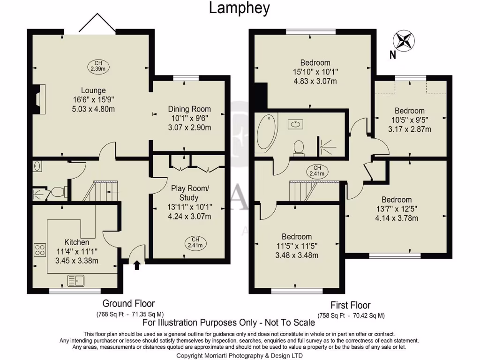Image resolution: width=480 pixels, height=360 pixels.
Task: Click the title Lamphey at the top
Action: click(x=239, y=8)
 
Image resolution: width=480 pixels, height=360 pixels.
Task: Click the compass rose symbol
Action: click(x=404, y=40)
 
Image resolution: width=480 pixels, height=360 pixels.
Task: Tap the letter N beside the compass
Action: click(x=392, y=55)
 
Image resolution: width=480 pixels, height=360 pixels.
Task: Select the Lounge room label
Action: click(x=93, y=90)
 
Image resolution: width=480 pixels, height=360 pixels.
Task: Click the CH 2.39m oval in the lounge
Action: click(x=98, y=66)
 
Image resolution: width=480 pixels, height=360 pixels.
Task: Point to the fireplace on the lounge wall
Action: click(x=41, y=99)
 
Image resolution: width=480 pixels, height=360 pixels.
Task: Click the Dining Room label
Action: click(x=189, y=109)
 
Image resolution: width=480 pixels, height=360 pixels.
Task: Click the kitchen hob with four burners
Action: click(x=40, y=249)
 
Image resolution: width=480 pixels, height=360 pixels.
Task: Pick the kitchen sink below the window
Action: click(x=75, y=281)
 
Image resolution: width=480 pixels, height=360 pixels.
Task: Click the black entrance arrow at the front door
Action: click(x=136, y=266)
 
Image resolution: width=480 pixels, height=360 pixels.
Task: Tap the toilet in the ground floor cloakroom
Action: click(x=58, y=192)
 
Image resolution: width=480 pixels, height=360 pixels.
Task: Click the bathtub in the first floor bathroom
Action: click(x=265, y=133)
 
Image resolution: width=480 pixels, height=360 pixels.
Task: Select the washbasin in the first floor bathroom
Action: click(x=296, y=124)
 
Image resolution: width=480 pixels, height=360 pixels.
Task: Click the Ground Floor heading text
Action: click(x=128, y=304)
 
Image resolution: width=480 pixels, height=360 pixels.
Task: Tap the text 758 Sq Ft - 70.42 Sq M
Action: click(x=351, y=315)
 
